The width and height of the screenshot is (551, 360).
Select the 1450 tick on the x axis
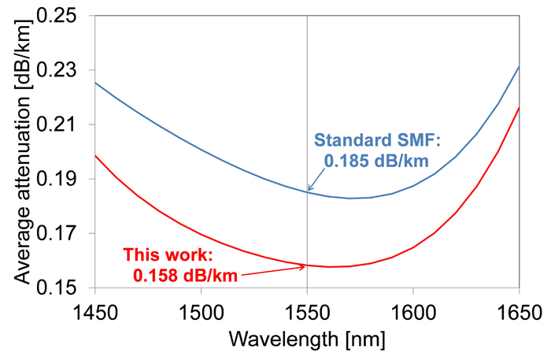click(94, 307)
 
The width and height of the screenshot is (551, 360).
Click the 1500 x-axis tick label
click(201, 307)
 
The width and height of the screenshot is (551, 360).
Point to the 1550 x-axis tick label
click(307, 307)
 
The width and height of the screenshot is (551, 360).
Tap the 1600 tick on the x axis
click(413, 307)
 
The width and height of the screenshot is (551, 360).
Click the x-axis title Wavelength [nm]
click(307, 339)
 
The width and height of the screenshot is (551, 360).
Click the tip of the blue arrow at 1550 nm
click(308, 191)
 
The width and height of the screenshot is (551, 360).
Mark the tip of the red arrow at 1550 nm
click(306, 266)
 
